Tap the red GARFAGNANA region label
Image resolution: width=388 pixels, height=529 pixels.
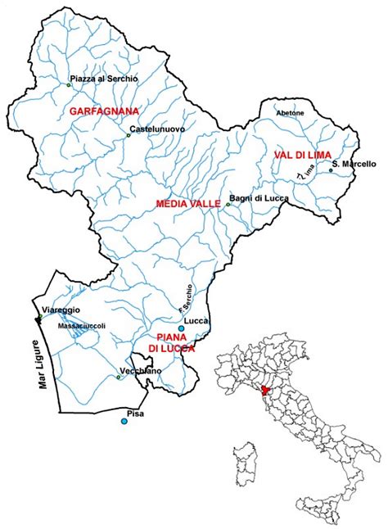click(x=103, y=110)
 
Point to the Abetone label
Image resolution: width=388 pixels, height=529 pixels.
click(x=291, y=112)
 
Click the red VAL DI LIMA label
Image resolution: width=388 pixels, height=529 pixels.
click(x=294, y=155)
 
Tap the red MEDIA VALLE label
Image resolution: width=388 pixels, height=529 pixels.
click(x=188, y=204)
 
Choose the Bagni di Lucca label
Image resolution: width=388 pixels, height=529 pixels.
click(x=256, y=197)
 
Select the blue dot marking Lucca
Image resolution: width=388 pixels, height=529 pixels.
click(x=181, y=328)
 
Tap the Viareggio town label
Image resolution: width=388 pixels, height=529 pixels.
click(x=61, y=310)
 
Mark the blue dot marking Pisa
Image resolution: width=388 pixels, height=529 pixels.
click(x=124, y=421)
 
